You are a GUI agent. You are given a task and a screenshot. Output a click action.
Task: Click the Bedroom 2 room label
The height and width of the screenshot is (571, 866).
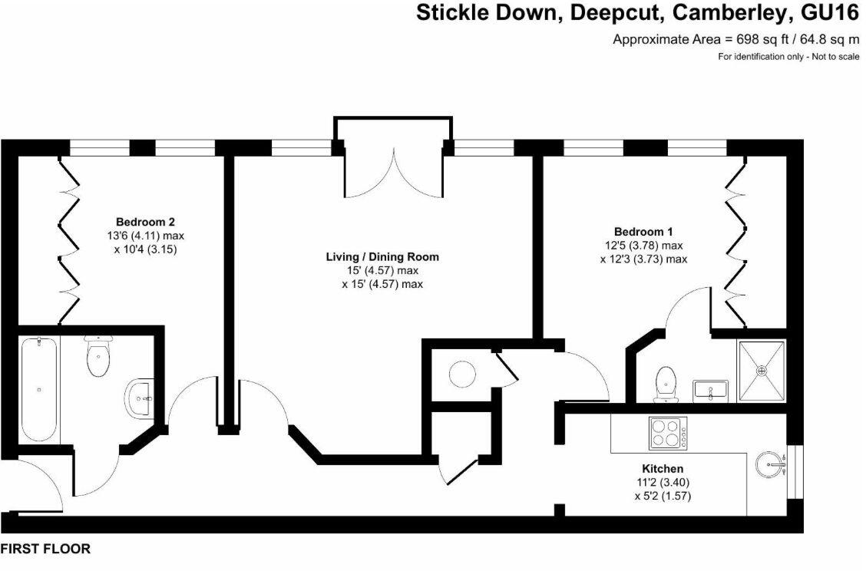[x=145, y=222]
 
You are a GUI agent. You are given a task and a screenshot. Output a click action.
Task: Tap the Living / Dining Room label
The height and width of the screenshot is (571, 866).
[x=382, y=257]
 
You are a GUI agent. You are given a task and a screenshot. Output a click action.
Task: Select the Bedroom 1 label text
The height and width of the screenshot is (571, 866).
[x=643, y=231]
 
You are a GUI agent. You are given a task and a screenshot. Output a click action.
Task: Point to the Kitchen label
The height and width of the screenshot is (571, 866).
[x=663, y=469]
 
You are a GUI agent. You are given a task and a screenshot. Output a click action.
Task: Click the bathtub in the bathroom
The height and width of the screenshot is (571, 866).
[x=39, y=389]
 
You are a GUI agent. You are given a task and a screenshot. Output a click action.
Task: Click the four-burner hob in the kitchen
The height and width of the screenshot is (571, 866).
[x=668, y=432]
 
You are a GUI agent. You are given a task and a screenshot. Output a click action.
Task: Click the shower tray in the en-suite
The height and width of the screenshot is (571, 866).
[x=762, y=371]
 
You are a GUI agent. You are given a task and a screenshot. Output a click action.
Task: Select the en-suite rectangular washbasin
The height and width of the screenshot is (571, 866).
[x=711, y=391]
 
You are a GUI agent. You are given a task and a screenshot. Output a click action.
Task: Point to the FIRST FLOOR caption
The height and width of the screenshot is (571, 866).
[x=45, y=549]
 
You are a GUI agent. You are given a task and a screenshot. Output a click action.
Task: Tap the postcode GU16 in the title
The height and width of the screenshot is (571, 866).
[x=827, y=13]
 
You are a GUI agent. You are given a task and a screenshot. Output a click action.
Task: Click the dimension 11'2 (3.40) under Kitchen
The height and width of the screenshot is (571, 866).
[x=663, y=483]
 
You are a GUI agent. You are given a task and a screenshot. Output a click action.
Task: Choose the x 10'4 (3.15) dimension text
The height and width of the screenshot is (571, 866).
[x=145, y=249]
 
